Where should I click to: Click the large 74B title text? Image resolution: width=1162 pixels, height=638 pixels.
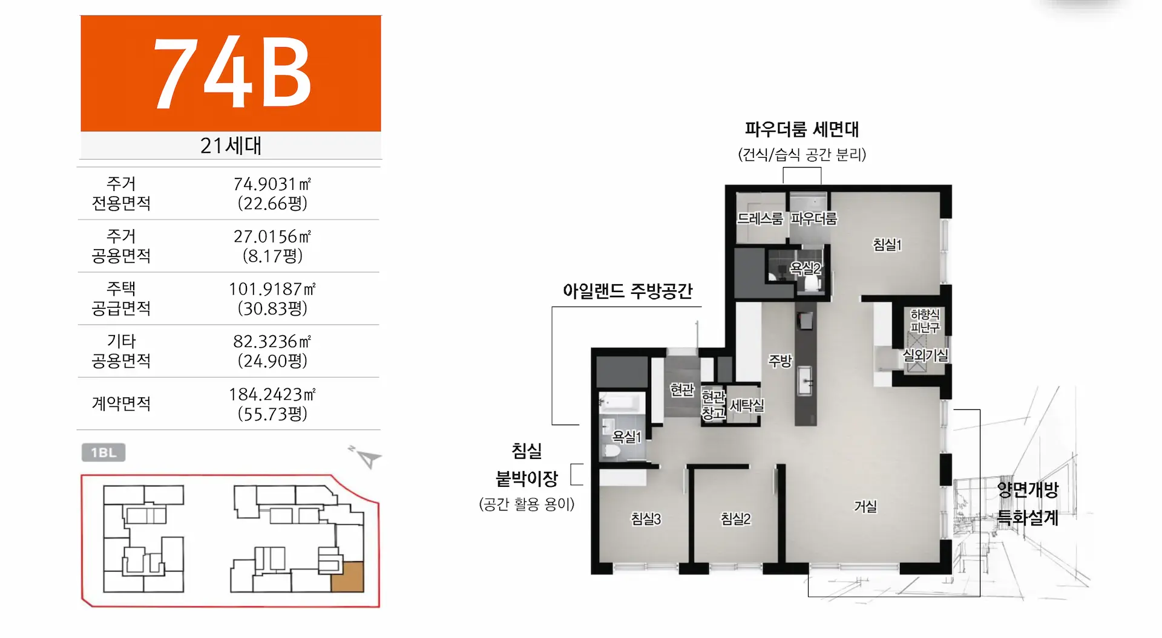coord(232,73)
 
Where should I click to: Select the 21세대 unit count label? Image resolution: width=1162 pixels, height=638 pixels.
coord(231,146)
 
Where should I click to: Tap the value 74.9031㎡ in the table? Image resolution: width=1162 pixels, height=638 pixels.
coord(272,183)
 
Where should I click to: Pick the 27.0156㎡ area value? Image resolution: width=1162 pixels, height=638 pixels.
coord(272,236)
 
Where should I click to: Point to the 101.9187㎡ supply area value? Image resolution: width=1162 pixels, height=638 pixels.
coord(272,288)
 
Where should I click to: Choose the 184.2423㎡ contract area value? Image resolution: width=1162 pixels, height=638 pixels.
coord(272,394)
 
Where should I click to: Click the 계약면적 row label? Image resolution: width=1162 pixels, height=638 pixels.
coord(121,403)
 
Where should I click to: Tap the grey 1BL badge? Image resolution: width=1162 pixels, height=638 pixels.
coord(103,452)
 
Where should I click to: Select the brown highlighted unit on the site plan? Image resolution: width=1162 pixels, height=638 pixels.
coord(347,576)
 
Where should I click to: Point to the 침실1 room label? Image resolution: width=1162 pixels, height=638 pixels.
coord(887,244)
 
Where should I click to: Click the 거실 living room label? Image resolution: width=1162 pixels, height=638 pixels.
coord(865,506)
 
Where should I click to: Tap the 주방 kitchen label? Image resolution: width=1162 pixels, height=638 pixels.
coord(780,361)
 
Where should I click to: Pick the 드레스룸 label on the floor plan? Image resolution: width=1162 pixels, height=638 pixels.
coord(760,218)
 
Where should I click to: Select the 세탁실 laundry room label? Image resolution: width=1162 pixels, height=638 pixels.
coord(747,405)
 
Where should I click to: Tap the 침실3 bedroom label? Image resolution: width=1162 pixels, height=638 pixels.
coord(646,518)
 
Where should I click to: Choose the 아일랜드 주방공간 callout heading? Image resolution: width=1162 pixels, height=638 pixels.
coord(628,291)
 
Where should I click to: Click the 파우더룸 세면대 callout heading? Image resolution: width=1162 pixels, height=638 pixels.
coord(802,129)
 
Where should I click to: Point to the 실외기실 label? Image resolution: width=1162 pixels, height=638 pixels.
coord(925,355)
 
